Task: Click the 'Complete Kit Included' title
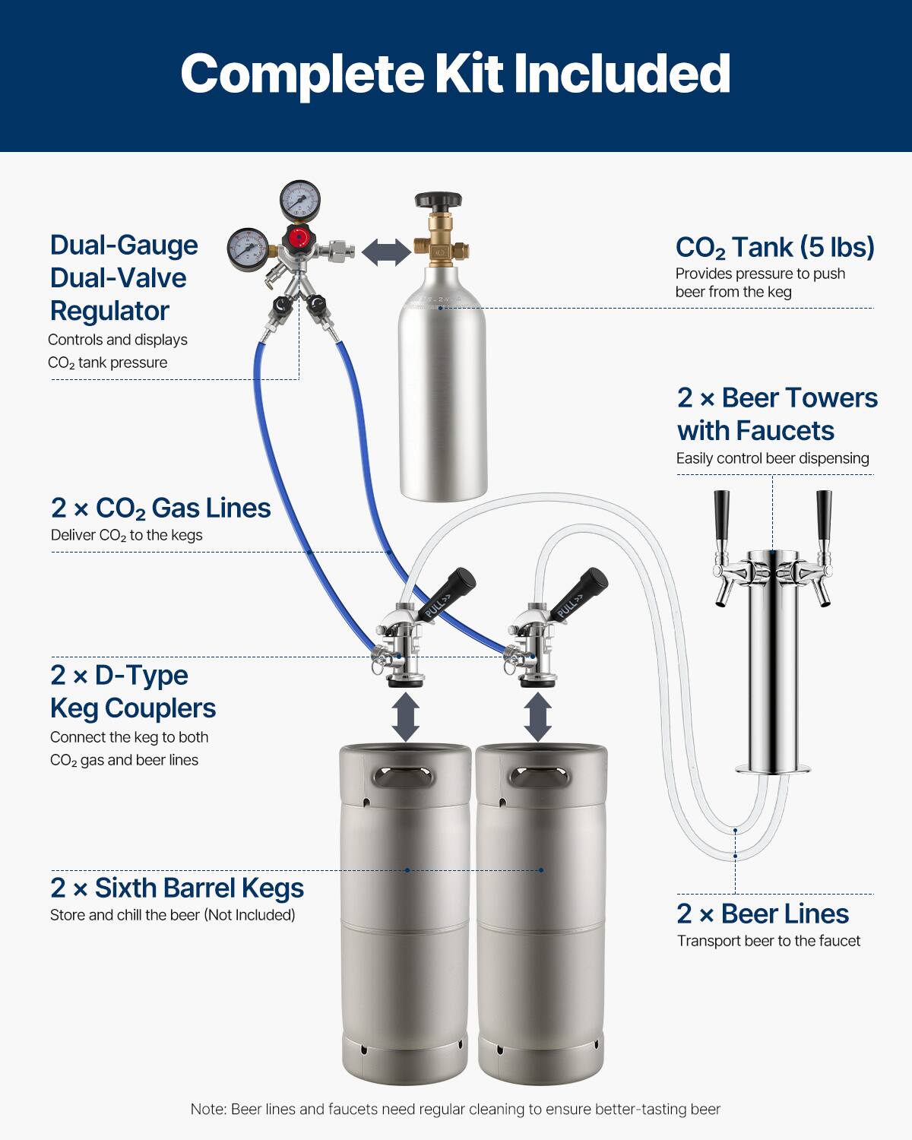click(x=455, y=74)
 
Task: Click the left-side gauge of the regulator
click(x=247, y=249)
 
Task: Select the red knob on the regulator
click(x=299, y=237)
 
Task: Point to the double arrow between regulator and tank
click(x=386, y=252)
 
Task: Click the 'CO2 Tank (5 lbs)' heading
click(x=774, y=248)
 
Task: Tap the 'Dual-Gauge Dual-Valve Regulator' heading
click(x=124, y=278)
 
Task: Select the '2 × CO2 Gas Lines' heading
click(x=160, y=508)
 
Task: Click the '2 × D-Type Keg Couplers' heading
click(x=133, y=692)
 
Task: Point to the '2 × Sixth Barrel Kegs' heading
click(x=177, y=888)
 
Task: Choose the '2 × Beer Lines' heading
click(x=762, y=914)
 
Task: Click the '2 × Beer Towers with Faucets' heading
click(x=777, y=414)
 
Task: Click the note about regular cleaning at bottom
click(x=455, y=1109)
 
